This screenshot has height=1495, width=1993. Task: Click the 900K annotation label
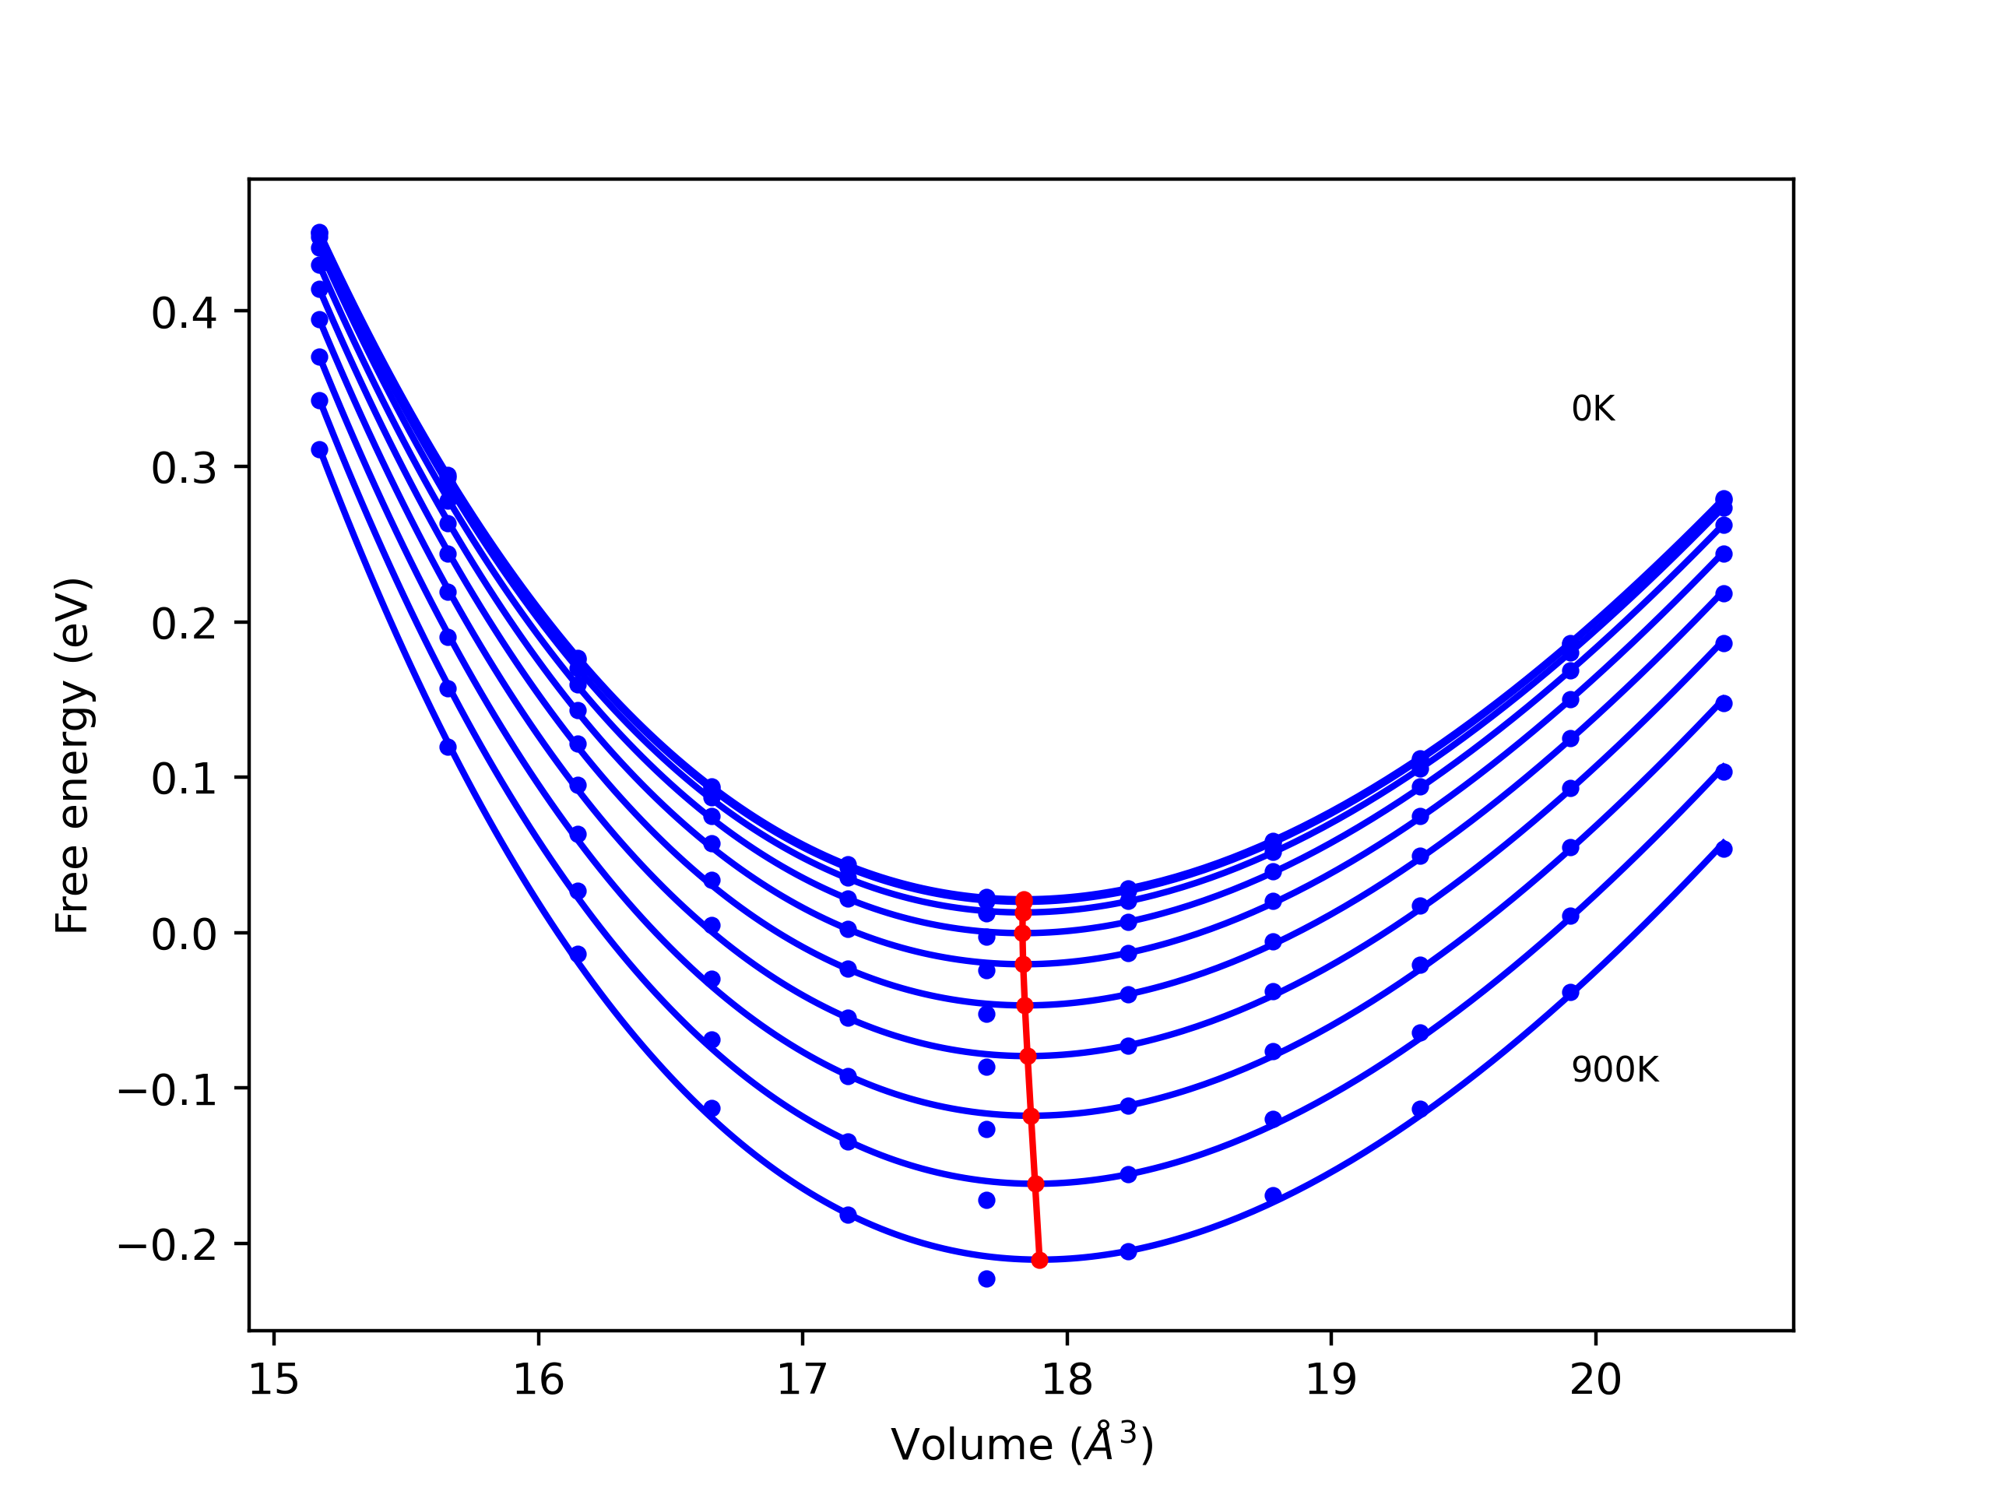[x=1615, y=1070]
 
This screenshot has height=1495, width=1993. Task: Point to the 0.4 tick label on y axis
[x=184, y=314]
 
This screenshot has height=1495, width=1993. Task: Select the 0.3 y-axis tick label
[x=184, y=469]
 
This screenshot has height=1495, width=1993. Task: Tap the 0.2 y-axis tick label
[x=184, y=624]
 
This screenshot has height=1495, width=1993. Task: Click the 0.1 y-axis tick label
[x=184, y=779]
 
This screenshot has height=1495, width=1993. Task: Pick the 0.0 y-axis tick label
[x=184, y=935]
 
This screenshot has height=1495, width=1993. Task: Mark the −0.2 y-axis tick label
[x=167, y=1247]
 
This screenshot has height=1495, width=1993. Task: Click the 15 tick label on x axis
[x=274, y=1381]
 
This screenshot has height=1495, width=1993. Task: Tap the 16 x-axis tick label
[x=538, y=1381]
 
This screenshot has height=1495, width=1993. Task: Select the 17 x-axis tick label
[x=802, y=1381]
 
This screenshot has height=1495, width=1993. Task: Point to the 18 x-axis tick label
[x=1067, y=1381]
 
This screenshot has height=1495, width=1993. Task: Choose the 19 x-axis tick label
[x=1330, y=1381]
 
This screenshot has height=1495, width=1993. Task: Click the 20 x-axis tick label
[x=1596, y=1381]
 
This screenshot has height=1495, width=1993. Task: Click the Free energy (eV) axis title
[x=72, y=755]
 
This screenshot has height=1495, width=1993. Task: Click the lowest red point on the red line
[x=1040, y=1260]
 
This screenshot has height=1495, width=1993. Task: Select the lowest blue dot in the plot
[x=986, y=1279]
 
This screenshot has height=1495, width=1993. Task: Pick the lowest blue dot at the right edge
[x=1724, y=849]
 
